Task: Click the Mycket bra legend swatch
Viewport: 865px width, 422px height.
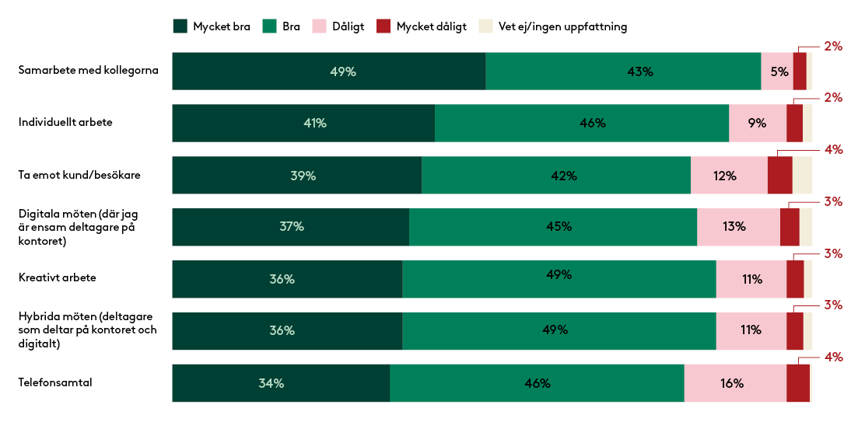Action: tap(180, 26)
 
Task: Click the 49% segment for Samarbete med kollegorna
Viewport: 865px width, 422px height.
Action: tap(328, 71)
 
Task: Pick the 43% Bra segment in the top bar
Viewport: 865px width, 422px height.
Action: tap(623, 71)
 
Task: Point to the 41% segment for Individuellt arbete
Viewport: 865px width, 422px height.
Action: tap(303, 123)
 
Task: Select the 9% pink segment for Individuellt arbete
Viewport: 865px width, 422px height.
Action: tap(758, 123)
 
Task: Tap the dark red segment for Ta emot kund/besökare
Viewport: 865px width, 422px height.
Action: tap(779, 175)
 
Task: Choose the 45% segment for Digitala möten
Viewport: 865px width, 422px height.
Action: tap(553, 227)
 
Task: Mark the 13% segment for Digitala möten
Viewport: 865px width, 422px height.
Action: tap(738, 227)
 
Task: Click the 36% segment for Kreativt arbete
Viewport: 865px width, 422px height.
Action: tap(287, 279)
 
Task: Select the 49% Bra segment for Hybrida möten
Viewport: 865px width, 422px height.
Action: tap(559, 330)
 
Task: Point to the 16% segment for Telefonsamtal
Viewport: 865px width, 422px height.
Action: tap(735, 382)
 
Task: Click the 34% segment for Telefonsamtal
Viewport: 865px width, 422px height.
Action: tap(281, 382)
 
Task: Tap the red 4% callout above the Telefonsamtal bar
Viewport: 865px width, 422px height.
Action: tap(833, 357)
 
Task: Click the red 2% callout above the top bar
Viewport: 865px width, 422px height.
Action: tap(833, 46)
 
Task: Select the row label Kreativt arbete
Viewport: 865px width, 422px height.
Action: tap(58, 277)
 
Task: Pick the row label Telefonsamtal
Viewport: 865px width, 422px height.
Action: tap(55, 382)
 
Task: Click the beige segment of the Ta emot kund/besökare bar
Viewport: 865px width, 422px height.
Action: tap(802, 175)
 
